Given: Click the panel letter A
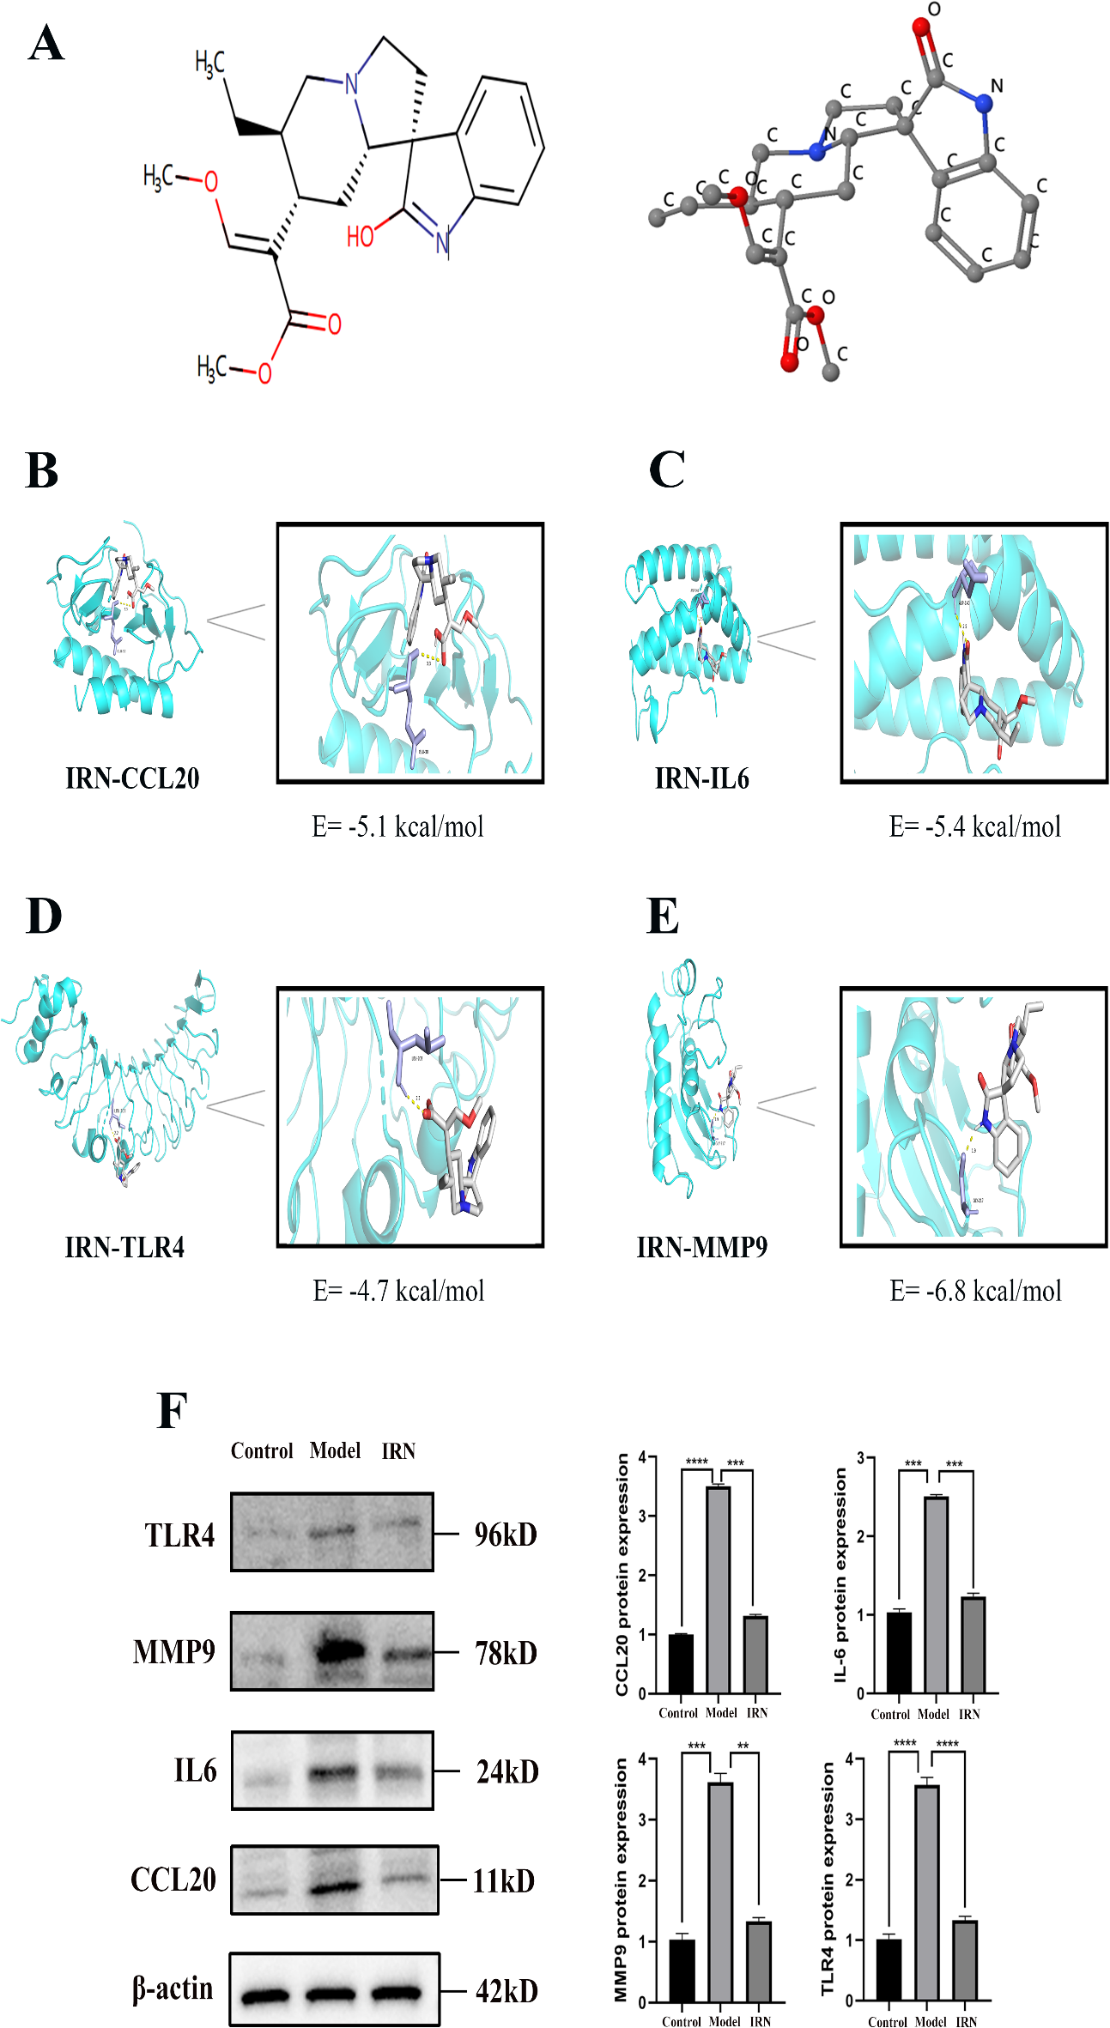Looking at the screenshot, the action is click(46, 44).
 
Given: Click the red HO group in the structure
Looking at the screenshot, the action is click(361, 235).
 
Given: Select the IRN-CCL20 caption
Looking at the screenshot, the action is click(132, 778).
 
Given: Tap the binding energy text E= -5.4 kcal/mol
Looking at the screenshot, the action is click(974, 826).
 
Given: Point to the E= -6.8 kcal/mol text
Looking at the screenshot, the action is click(975, 1291).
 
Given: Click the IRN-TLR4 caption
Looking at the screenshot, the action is click(124, 1247).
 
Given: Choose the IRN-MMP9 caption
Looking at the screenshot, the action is click(701, 1247).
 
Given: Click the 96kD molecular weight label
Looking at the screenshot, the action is click(506, 1535).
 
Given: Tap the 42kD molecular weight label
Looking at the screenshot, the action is click(506, 1991).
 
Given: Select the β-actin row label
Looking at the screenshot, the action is click(173, 1988).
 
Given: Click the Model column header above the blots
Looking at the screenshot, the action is click(335, 1450).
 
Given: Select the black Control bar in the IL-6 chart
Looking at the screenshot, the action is click(899, 1653).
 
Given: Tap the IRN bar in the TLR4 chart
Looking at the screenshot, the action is click(965, 1961).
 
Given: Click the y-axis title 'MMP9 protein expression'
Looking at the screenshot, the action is click(621, 1880).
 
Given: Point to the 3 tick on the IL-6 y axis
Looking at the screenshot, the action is click(861, 1458).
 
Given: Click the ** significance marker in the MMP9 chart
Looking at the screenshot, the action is click(743, 1746).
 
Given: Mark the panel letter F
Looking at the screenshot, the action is click(172, 1411).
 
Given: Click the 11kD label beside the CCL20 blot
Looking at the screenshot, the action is click(503, 1881).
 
